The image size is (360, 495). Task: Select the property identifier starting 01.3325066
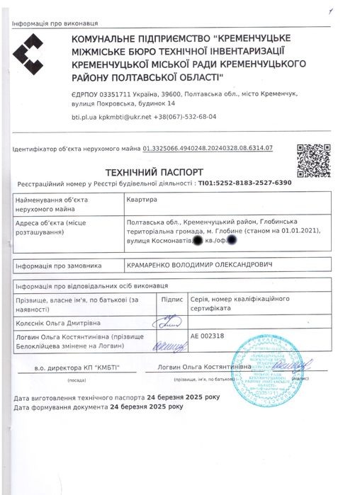pos(208,148)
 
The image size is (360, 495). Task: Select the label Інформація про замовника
pos(55,264)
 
